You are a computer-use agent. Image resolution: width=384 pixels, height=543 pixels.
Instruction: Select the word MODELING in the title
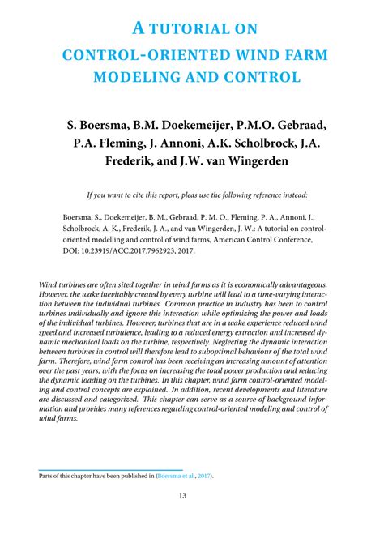point(132,77)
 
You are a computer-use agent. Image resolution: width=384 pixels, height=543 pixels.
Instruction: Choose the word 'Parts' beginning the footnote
point(48,477)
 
